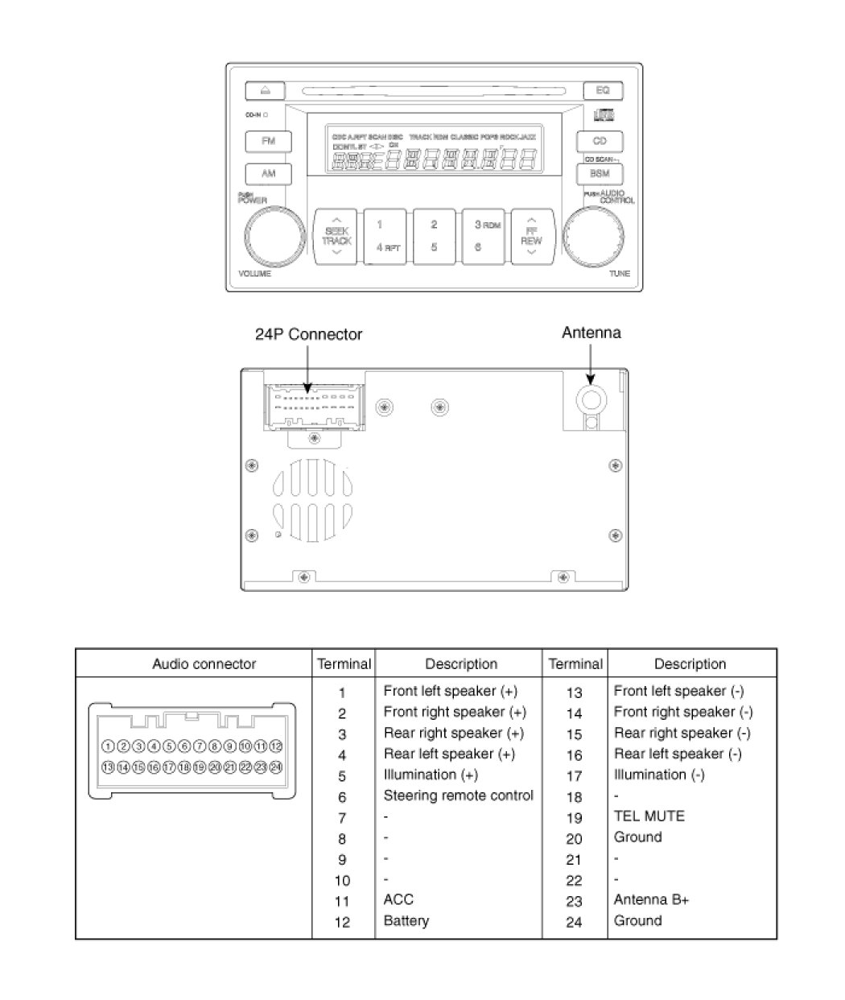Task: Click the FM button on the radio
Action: coord(268,141)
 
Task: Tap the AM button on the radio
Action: coord(268,173)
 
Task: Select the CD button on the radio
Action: coord(599,142)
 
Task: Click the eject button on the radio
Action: coord(266,90)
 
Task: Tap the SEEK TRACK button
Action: coord(336,235)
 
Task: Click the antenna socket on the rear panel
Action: coord(591,398)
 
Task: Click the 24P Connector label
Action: coord(308,334)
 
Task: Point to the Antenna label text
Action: coord(591,333)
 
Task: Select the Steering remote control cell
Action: coord(458,795)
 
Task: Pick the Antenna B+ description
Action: coord(650,900)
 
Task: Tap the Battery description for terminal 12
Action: coord(406,921)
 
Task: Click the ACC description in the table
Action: coord(398,900)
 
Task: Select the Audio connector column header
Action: coord(204,664)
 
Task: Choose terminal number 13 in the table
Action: coord(574,692)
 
